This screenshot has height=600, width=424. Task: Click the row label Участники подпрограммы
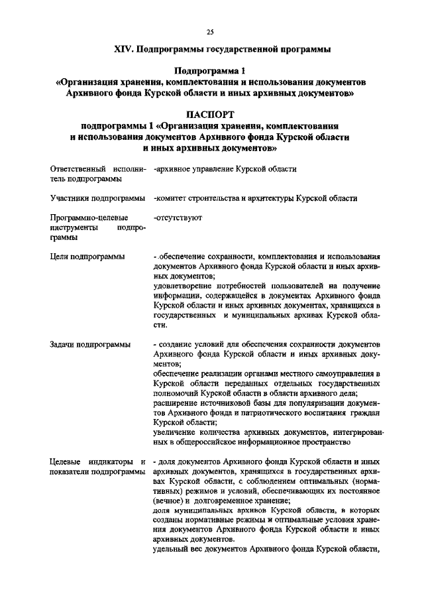(97, 198)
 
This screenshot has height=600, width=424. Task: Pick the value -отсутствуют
(177, 217)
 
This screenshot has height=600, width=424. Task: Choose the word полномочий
(175, 394)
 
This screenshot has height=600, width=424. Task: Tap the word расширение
(174, 403)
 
